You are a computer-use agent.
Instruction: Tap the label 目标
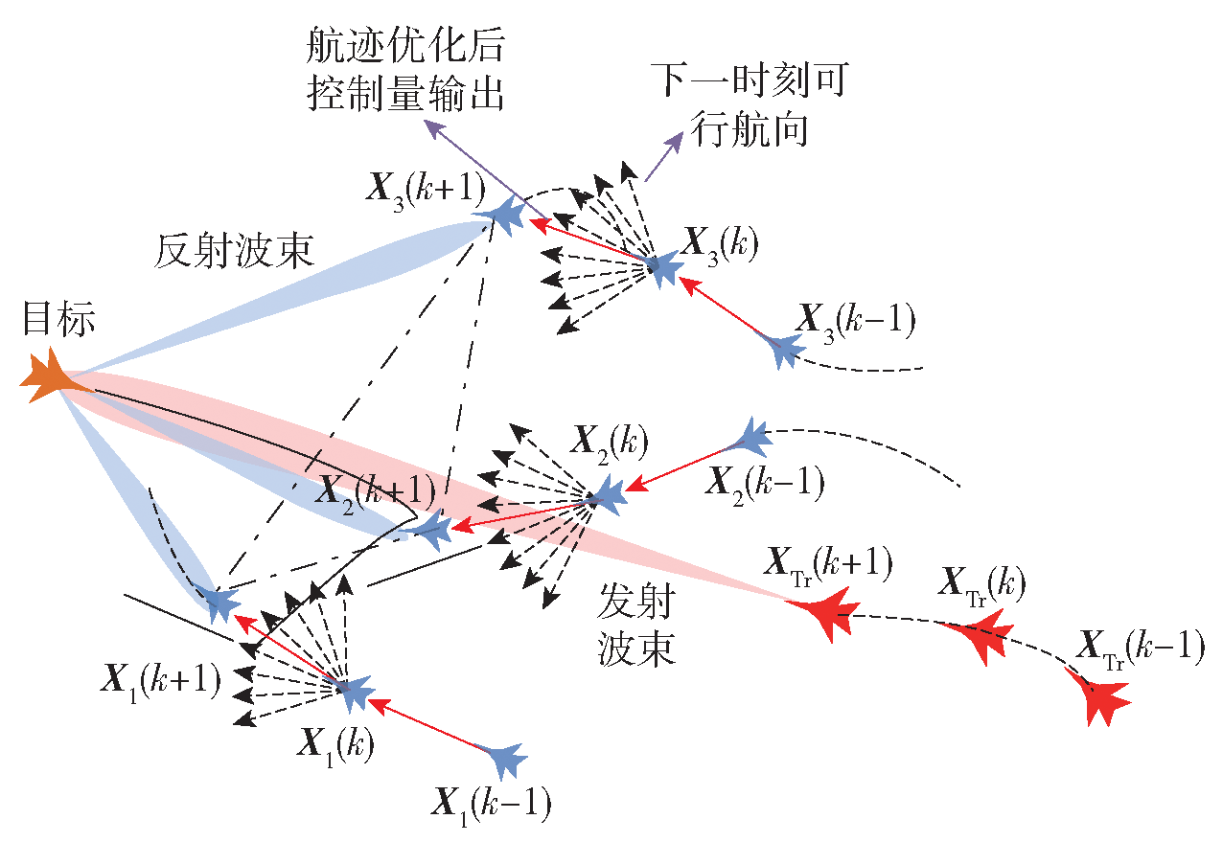tap(59, 319)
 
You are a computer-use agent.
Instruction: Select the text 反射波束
tap(234, 252)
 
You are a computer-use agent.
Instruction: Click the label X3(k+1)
tap(426, 191)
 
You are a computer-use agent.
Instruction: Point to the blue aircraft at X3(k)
tap(662, 268)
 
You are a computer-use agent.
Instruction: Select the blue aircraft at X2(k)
tap(606, 495)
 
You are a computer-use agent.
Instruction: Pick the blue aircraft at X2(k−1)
tap(750, 438)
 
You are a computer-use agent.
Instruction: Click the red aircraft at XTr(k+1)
tap(825, 613)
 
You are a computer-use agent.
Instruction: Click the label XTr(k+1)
tap(828, 566)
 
